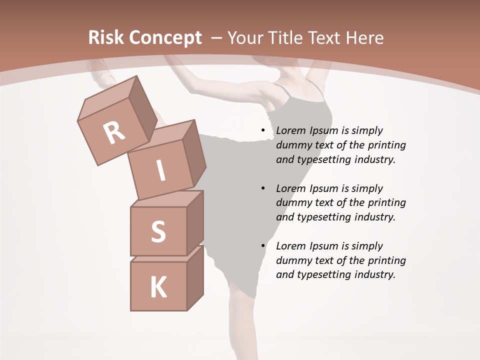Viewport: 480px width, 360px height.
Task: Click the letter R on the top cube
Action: pos(114,133)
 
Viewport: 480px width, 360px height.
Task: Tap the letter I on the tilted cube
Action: pos(160,170)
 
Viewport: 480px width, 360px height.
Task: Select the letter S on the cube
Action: pos(158,231)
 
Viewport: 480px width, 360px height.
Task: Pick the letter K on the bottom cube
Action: pos(158,287)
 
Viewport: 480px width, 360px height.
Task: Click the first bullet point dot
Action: pos(263,130)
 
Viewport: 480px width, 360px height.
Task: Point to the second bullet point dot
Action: pos(263,188)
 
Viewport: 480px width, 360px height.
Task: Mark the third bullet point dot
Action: pos(263,246)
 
